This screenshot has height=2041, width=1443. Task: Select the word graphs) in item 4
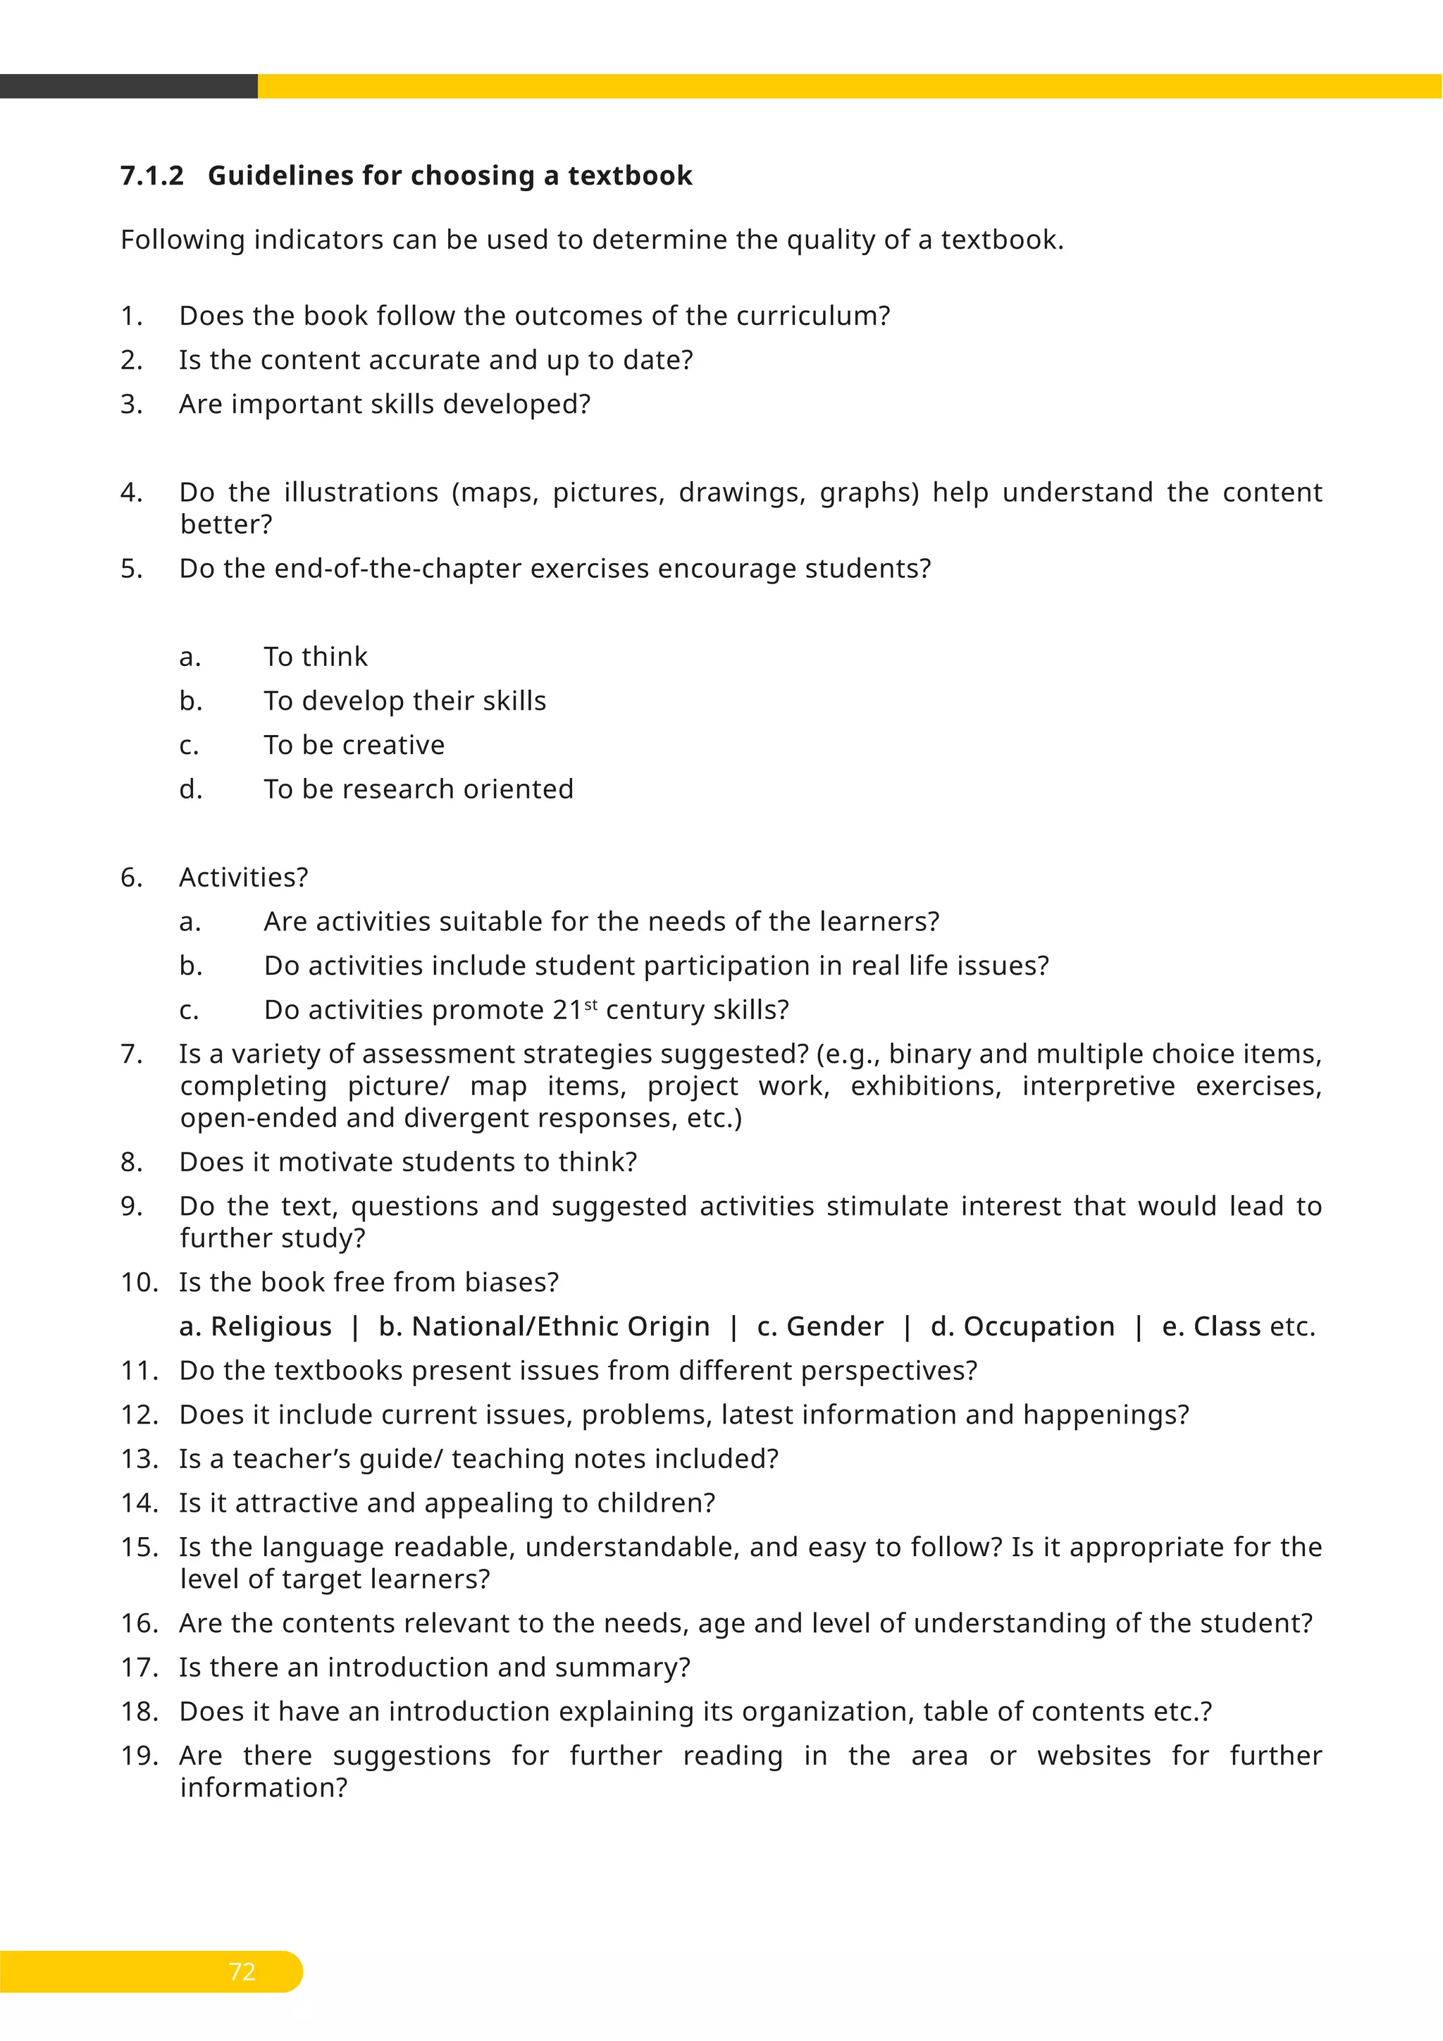pos(868,493)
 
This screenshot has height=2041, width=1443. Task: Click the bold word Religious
pos(271,1326)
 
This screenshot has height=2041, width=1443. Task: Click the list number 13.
pos(139,1459)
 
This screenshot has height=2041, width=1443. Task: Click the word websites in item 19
pos(1094,1756)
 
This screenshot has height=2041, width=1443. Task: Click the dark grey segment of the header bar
pos(129,86)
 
